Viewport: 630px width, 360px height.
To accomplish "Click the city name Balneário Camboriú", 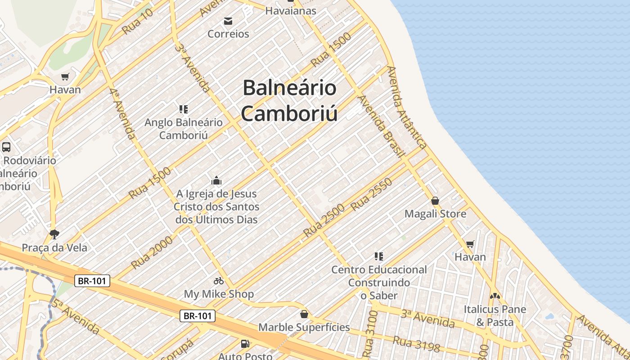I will pos(289,100).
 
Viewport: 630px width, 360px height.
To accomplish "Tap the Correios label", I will pos(228,34).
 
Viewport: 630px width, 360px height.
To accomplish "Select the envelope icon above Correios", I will pos(228,21).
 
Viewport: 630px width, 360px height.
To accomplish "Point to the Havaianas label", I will pos(291,10).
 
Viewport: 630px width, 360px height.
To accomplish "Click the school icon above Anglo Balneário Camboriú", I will pos(183,109).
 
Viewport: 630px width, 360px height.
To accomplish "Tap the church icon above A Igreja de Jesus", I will pos(216,180).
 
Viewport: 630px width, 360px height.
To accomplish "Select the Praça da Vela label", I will pos(54,247).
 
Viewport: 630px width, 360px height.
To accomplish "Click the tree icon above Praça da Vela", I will pos(54,234).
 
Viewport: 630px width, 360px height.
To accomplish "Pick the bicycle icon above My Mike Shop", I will pos(219,281).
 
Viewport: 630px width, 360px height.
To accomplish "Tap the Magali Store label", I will pos(435,214).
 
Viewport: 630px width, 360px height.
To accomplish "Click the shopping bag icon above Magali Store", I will pos(435,201).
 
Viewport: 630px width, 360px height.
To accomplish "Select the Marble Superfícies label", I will pos(304,327).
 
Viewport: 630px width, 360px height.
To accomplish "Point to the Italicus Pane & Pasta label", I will pos(495,316).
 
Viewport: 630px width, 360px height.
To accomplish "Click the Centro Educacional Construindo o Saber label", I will pos(379,282).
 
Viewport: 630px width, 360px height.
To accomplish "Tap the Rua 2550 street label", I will pos(371,194).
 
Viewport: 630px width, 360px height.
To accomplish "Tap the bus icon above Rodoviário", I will pos(6,147).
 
